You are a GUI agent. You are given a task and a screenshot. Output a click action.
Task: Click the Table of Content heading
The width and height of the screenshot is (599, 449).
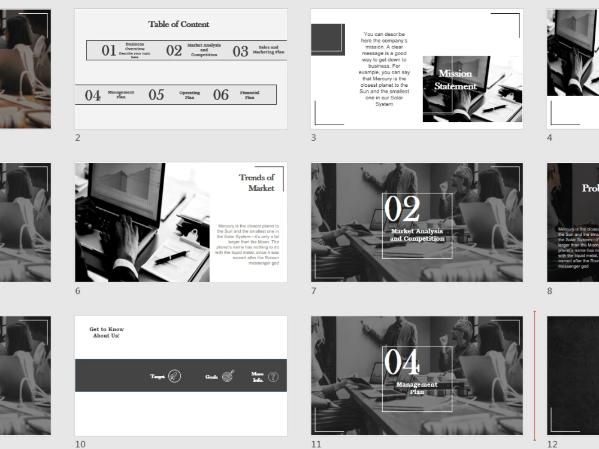(x=179, y=25)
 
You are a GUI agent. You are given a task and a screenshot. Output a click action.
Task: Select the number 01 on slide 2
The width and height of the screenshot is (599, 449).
(x=108, y=51)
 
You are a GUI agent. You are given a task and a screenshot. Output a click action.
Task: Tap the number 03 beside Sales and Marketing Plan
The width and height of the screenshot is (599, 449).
(x=240, y=51)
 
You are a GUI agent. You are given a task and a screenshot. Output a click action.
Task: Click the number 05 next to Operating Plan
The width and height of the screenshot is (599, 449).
(x=156, y=95)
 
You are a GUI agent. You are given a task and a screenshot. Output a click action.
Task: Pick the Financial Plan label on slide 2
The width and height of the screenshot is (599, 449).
(x=250, y=95)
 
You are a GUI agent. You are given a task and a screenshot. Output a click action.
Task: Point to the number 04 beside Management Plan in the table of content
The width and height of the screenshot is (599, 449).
(x=92, y=96)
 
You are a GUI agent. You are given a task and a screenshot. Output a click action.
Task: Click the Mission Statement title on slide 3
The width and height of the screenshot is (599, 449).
(x=455, y=80)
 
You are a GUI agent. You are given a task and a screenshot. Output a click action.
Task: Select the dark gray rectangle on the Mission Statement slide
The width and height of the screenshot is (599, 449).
(x=327, y=40)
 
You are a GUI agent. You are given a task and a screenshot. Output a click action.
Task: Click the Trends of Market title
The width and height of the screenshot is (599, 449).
(x=256, y=183)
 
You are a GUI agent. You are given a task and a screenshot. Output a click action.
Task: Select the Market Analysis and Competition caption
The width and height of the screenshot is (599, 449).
(x=417, y=235)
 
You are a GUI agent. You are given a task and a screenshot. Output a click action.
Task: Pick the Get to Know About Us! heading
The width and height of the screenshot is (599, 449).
(x=107, y=332)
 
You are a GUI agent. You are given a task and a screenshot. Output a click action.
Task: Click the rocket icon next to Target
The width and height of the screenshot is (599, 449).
(x=174, y=377)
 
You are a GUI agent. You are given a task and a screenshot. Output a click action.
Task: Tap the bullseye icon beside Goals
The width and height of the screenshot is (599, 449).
(x=228, y=377)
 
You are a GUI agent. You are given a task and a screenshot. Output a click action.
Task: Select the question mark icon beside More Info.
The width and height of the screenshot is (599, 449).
(x=273, y=377)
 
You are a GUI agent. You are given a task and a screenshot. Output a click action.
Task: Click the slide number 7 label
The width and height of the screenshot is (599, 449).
(x=313, y=291)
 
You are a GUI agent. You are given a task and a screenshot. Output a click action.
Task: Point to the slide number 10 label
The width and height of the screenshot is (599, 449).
(x=80, y=444)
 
